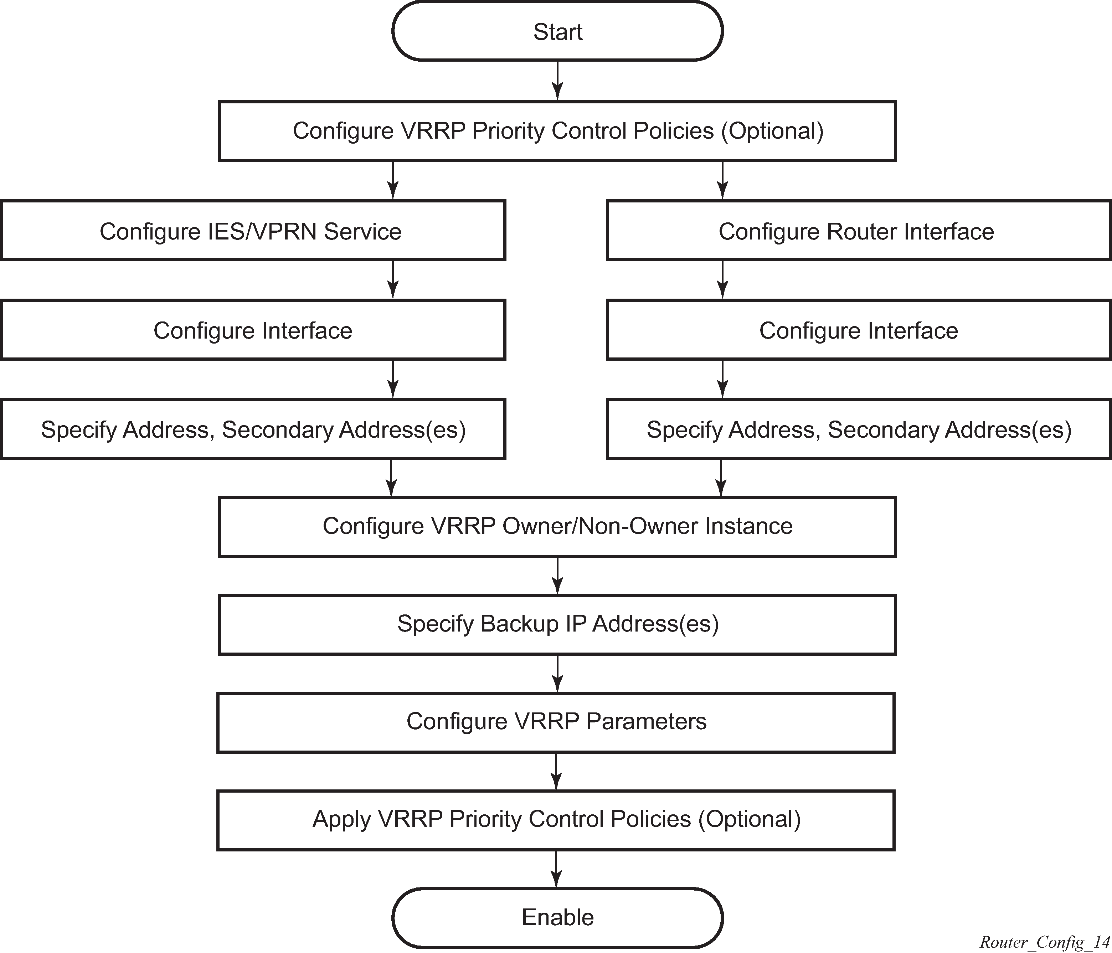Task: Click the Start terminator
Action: pyautogui.click(x=558, y=31)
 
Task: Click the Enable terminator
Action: pyautogui.click(x=558, y=918)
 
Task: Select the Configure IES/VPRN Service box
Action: pyautogui.click(x=253, y=231)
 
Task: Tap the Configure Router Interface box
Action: pyautogui.click(x=859, y=231)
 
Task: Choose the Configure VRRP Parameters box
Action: pyautogui.click(x=556, y=722)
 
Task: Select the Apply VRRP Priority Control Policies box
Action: pyautogui.click(x=556, y=820)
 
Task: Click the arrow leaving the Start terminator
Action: pyautogui.click(x=558, y=81)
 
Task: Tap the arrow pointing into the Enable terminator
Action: pyautogui.click(x=557, y=869)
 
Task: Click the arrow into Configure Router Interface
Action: pyautogui.click(x=722, y=180)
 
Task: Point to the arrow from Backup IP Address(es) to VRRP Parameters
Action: pyautogui.click(x=558, y=674)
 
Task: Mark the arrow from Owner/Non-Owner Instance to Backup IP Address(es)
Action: pyautogui.click(x=558, y=576)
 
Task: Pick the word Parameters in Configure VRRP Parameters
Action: pyautogui.click(x=646, y=722)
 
